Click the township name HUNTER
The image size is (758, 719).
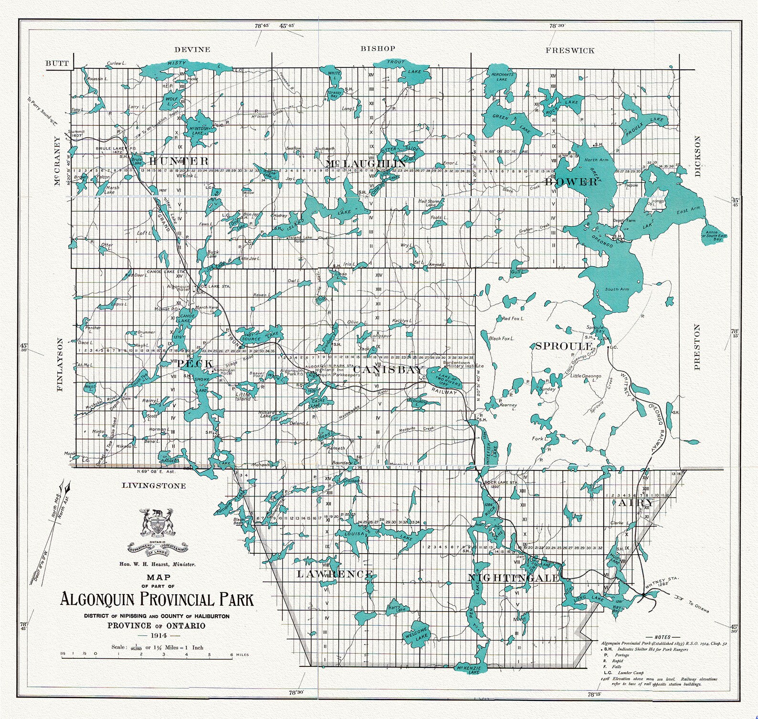(178, 161)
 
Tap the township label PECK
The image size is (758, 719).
(195, 364)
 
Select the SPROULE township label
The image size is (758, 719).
(564, 346)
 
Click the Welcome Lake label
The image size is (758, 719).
(416, 633)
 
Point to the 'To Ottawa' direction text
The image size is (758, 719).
(698, 607)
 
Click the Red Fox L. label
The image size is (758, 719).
(513, 318)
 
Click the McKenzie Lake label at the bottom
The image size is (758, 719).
(468, 669)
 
